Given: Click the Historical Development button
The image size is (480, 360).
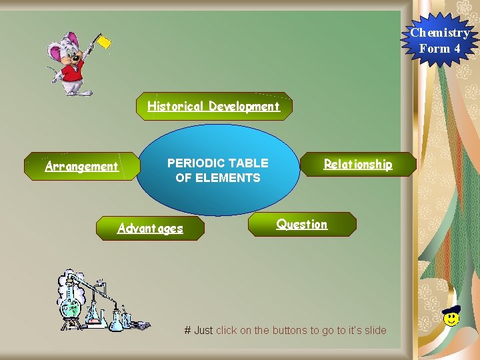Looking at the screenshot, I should point(213,106).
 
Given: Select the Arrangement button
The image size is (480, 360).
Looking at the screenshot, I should point(81,166).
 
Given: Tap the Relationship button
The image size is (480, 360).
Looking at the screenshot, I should point(358,164).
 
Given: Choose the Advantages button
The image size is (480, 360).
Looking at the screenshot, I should point(150,228).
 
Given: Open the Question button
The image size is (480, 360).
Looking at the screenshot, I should point(302,224).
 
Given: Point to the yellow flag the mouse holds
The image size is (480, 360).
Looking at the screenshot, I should point(104,41).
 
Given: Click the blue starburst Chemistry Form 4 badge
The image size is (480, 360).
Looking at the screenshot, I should point(439,40).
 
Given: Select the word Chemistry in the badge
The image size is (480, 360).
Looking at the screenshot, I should point(439,32).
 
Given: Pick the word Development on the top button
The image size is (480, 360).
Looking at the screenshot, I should point(244,106).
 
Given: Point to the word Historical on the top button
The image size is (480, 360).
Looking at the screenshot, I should point(176,106).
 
